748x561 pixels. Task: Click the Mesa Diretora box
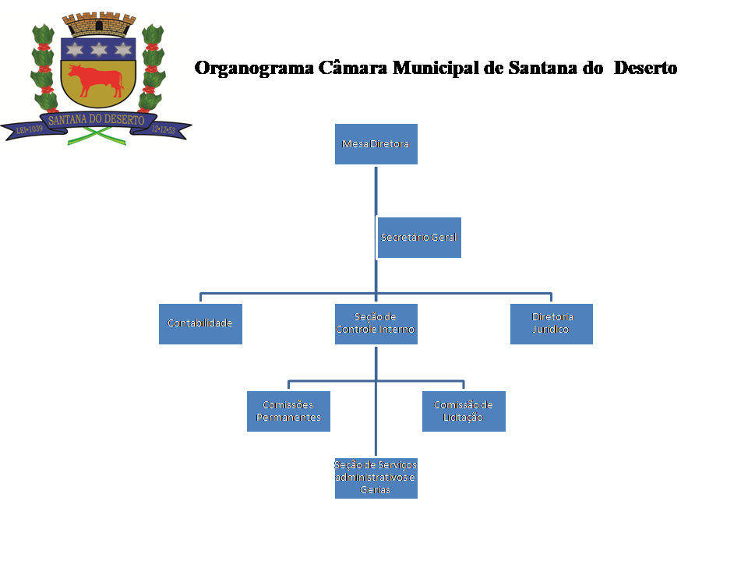click(x=376, y=144)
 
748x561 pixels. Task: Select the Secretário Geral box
click(x=419, y=238)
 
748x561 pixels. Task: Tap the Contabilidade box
click(x=200, y=323)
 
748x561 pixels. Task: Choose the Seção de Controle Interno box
click(x=376, y=323)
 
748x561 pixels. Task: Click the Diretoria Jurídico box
click(x=552, y=323)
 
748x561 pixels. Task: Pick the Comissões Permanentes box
click(x=288, y=411)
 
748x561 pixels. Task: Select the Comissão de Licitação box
click(x=464, y=411)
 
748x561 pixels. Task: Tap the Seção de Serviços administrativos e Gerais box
click(x=376, y=478)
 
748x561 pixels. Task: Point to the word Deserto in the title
click(x=645, y=68)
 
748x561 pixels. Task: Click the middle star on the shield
click(x=97, y=50)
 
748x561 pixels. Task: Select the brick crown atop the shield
click(x=97, y=25)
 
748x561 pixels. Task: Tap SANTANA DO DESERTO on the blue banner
click(x=97, y=120)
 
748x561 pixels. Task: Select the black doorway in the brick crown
click(x=97, y=27)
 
